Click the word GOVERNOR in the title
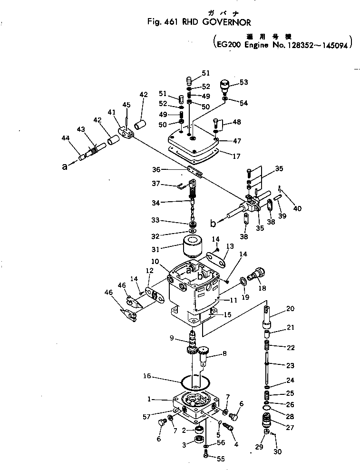tap(227, 21)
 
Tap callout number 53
tap(243, 82)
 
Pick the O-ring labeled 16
tap(195, 381)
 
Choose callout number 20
tap(290, 308)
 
